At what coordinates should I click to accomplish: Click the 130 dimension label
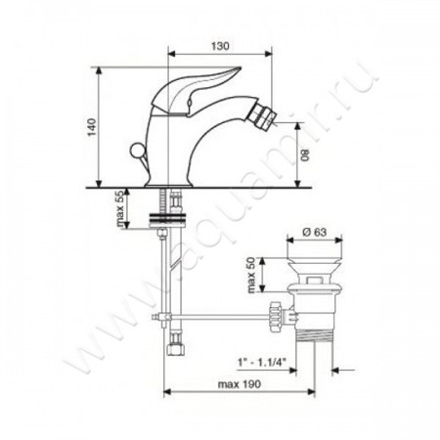(220, 46)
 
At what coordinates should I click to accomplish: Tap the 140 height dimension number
(93, 127)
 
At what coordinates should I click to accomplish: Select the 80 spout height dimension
(305, 155)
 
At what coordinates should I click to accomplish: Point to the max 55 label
(119, 208)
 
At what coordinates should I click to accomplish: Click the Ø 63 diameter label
(314, 232)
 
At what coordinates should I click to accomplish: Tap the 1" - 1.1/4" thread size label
(262, 363)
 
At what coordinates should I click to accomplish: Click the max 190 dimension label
(240, 384)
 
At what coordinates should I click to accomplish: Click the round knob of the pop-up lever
(136, 151)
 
